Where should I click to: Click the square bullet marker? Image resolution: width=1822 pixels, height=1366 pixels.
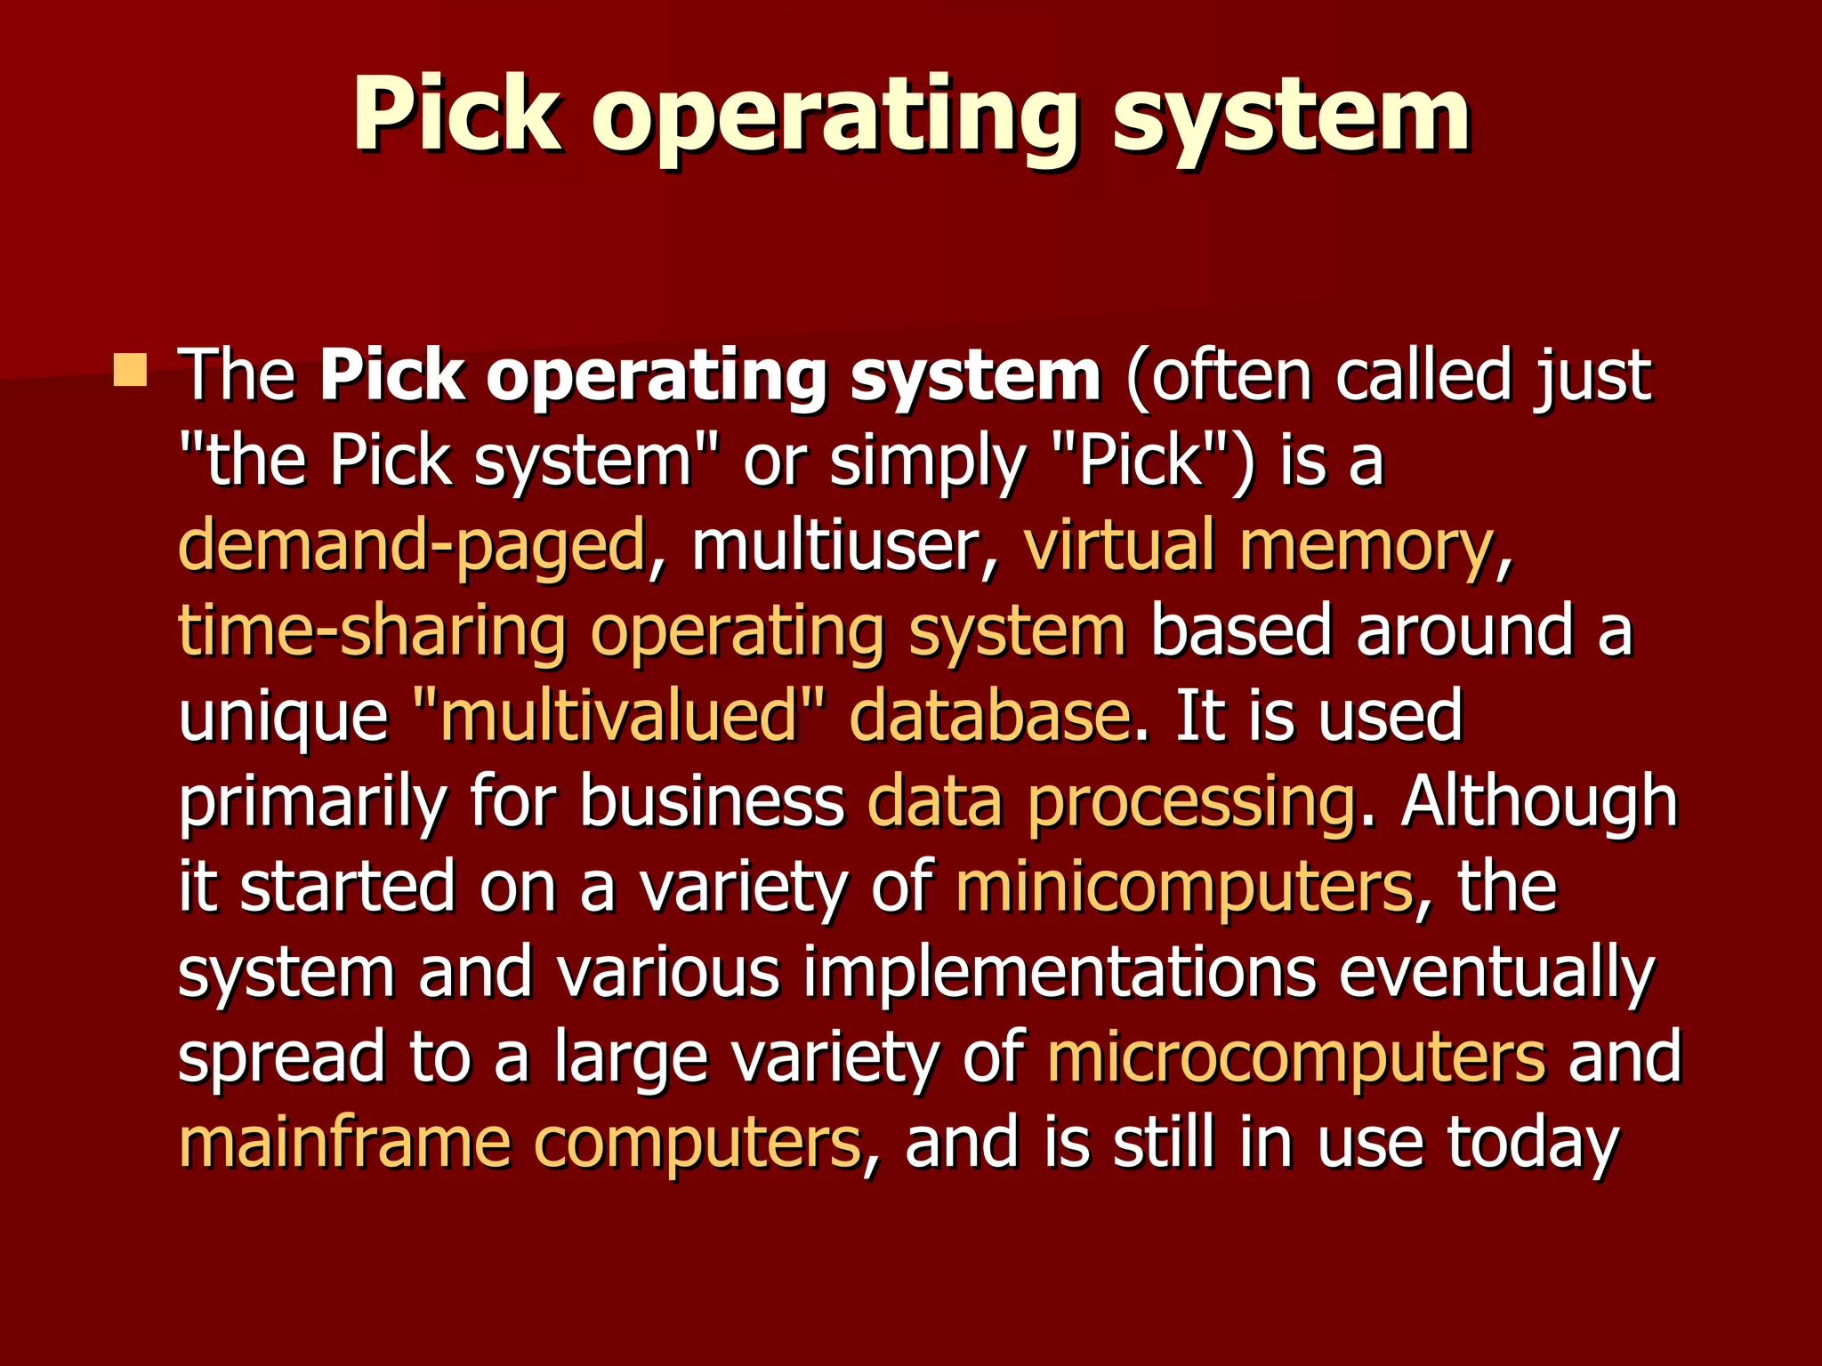[131, 370]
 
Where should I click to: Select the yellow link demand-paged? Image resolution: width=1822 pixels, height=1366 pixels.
[412, 547]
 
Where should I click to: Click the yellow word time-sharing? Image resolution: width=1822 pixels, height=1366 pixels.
[372, 631]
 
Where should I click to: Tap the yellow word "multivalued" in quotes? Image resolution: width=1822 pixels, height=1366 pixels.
[619, 716]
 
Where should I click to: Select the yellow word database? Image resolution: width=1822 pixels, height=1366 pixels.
[989, 716]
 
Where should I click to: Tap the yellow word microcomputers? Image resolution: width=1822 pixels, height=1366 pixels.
[1296, 1057]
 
